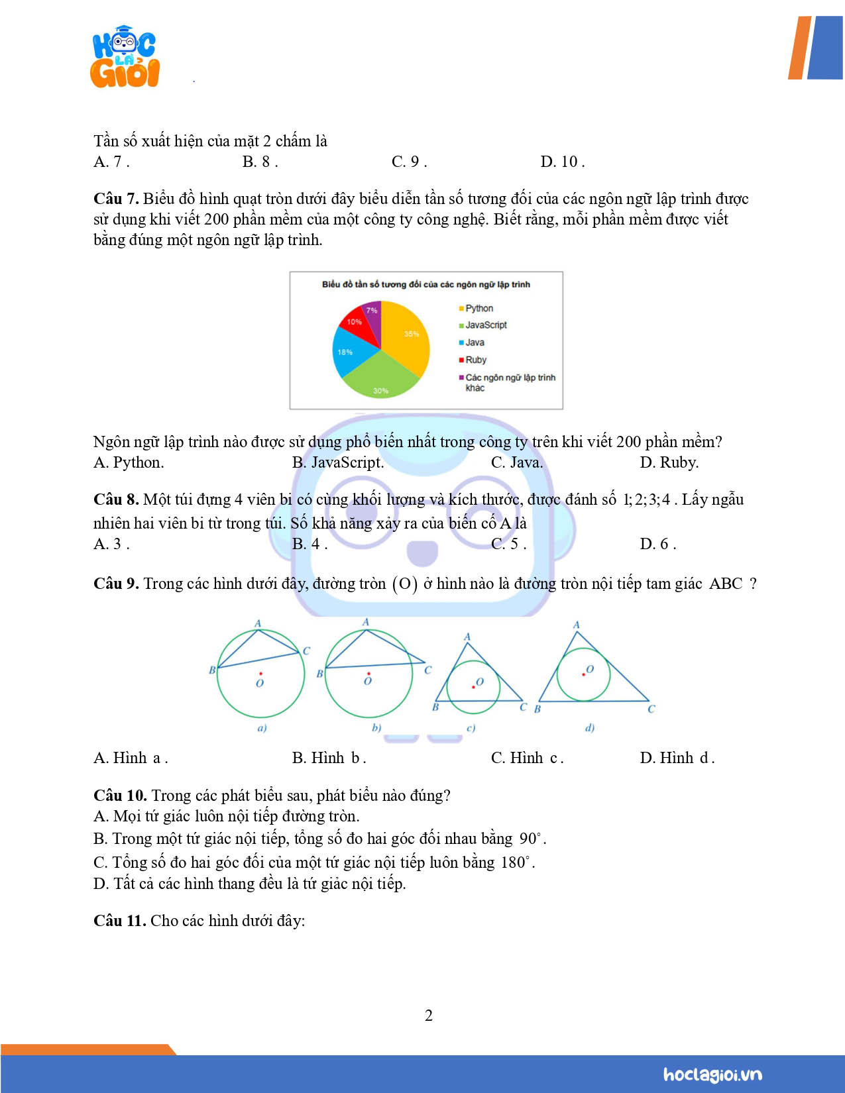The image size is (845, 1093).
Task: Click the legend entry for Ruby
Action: [x=475, y=360]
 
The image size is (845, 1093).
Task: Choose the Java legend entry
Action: [x=474, y=342]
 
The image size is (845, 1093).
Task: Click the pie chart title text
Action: [x=425, y=284]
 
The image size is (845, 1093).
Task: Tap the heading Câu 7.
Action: [x=115, y=199]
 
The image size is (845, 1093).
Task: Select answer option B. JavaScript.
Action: [x=338, y=462]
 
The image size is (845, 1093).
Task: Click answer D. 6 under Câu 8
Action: [x=657, y=544]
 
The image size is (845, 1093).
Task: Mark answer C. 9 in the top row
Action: [x=409, y=162]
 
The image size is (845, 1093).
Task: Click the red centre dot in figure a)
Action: [x=260, y=674]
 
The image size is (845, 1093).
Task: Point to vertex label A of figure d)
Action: [x=576, y=625]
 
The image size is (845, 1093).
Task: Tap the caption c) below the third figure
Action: [x=471, y=728]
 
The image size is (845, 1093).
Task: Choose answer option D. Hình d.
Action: [x=677, y=758]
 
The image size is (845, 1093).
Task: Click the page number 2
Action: [x=429, y=1015]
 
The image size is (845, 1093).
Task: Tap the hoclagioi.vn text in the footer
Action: [x=712, y=1074]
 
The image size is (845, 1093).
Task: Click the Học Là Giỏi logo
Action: [x=125, y=58]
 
